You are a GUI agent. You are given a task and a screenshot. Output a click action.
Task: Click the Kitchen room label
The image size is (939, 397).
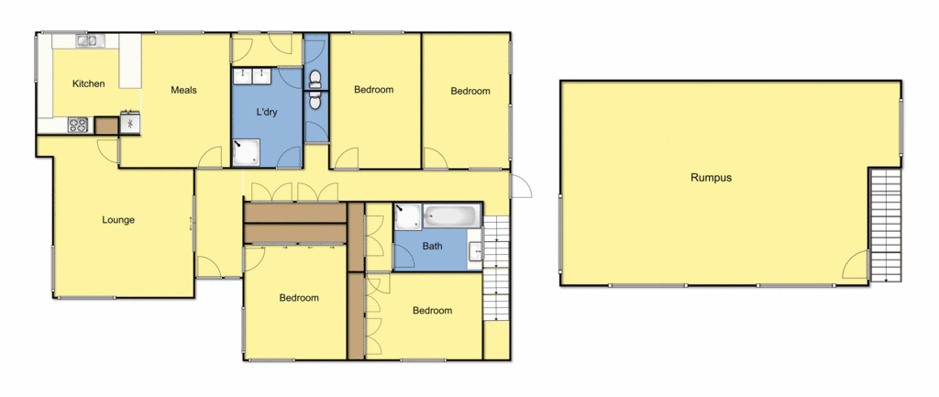tap(89, 84)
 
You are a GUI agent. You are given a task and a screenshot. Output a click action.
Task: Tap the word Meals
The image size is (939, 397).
tap(184, 90)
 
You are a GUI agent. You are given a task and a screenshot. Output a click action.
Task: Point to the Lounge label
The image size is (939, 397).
tap(118, 220)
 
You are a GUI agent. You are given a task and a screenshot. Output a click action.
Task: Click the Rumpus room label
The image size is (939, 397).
tap(711, 178)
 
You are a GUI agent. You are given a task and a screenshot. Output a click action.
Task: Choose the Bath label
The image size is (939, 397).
tap(432, 246)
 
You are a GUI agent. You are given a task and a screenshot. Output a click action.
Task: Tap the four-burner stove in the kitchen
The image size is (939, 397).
tap(77, 125)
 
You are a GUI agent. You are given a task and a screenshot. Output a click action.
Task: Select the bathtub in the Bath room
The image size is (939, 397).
tap(451, 217)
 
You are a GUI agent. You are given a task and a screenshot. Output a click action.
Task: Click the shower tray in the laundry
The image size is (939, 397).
tap(245, 153)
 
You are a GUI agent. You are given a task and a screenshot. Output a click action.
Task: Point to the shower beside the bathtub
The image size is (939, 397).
tap(407, 216)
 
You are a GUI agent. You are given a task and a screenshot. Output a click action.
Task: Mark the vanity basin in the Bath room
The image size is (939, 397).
tap(475, 251)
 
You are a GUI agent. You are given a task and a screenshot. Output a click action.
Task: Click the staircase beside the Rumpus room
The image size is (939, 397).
tap(886, 224)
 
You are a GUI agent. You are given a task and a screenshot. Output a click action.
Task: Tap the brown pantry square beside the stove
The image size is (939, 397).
tap(106, 126)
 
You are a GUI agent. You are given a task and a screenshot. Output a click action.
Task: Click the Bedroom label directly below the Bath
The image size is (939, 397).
tap(432, 311)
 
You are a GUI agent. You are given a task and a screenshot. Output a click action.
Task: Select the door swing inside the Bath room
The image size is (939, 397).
tap(403, 258)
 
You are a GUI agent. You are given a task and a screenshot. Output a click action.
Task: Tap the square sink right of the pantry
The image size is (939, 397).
tap(130, 123)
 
